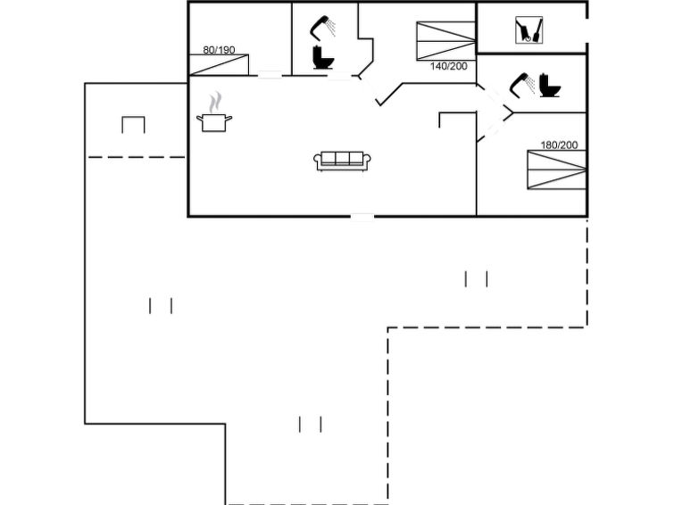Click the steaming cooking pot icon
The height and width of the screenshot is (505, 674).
214,112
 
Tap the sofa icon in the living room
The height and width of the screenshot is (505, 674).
342,161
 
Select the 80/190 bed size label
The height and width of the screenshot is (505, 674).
219,50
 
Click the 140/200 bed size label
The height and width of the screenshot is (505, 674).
448,66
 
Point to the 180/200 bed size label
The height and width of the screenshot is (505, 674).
559,145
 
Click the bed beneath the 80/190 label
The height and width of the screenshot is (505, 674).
219,65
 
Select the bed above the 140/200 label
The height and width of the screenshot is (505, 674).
445,41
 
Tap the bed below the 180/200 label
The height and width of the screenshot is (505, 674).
557,170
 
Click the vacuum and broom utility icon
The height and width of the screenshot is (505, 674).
528,30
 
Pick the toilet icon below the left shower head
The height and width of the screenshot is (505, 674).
323,57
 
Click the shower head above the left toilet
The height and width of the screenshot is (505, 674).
322,27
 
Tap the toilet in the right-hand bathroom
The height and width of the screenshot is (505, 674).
550,85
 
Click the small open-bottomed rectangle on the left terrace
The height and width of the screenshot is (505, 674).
133,125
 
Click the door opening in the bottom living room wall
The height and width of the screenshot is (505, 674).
362,217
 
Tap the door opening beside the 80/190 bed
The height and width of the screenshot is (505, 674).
270,75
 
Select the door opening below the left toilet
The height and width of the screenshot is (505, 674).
339,76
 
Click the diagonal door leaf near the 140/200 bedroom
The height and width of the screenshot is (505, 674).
389,94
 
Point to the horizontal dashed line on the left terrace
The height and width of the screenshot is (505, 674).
137,157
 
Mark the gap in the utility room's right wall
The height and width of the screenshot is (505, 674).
587,30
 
